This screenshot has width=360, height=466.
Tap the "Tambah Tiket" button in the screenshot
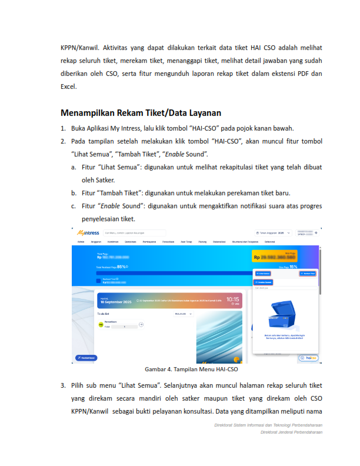coord(308,274)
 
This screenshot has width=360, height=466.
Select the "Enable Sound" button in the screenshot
coord(266,282)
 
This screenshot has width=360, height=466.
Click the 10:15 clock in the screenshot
coord(233,299)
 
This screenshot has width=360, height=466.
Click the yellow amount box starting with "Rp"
coord(274,256)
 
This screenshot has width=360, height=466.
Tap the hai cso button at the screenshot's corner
coord(308,357)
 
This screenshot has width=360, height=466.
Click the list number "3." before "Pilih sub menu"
coord(63,385)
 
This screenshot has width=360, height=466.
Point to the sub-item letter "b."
coord(74,193)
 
